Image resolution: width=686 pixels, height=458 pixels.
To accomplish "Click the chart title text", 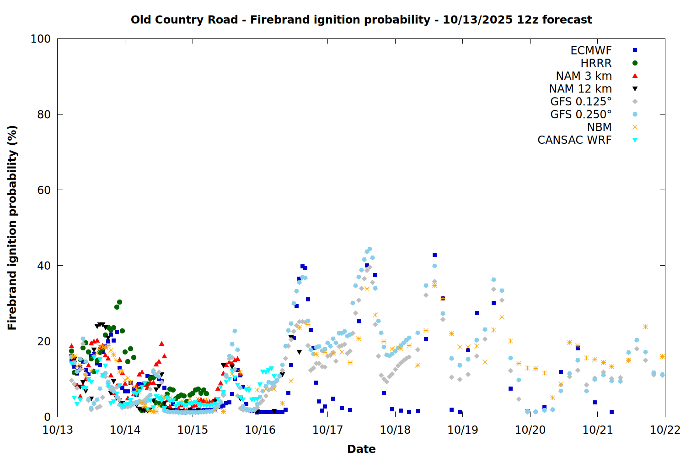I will (x=361, y=20).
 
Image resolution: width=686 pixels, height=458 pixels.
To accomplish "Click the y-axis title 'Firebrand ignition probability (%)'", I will (x=12, y=228).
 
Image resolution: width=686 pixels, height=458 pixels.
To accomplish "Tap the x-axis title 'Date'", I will (x=361, y=449).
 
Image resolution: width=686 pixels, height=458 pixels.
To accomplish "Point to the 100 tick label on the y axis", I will (x=41, y=39).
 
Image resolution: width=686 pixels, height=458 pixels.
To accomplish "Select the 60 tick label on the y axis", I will (x=44, y=190).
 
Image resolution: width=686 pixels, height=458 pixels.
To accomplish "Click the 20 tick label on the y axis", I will (x=44, y=341).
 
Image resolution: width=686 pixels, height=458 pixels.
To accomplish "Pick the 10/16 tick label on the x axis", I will (x=260, y=430).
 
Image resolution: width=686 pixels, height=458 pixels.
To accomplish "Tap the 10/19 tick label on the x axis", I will (x=463, y=430).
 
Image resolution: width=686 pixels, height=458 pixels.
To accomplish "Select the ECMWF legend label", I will (x=591, y=50).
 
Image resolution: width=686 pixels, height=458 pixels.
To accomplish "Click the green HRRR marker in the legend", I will (x=635, y=63).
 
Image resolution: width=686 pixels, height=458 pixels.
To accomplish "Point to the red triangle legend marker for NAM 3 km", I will (x=635, y=76).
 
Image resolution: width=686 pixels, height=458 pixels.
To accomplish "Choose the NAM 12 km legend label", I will (x=580, y=89).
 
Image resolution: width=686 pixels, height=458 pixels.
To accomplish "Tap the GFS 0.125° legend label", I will (x=581, y=102).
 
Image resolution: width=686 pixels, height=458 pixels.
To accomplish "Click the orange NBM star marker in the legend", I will (x=635, y=127).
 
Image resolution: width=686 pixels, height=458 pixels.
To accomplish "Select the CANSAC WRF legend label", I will (x=574, y=140).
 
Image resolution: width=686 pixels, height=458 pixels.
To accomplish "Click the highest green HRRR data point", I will (x=119, y=302).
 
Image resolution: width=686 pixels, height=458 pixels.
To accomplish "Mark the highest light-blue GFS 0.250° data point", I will (x=370, y=249).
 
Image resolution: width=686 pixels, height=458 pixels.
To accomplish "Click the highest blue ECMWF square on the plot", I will (x=434, y=255).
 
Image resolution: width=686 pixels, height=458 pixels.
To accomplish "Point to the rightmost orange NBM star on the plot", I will (x=662, y=356).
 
